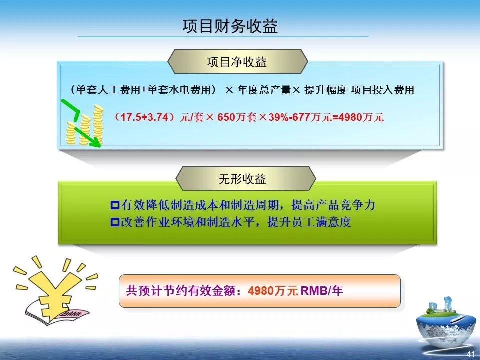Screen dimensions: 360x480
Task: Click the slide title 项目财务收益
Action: [x=230, y=26]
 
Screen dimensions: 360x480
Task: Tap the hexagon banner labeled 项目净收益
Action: [x=237, y=62]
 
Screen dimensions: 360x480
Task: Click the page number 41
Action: [x=470, y=354]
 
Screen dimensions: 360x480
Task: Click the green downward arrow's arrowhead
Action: [x=96, y=143]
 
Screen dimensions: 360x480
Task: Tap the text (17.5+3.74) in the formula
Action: [x=144, y=118]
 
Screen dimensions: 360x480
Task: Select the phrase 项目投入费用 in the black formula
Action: [x=384, y=90]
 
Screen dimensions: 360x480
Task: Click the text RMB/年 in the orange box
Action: [x=322, y=291]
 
